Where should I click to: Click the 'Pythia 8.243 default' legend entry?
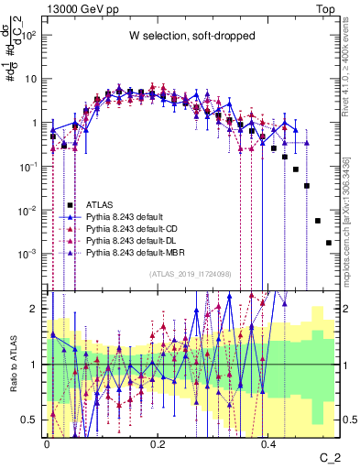(x=129, y=216)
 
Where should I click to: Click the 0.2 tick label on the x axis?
(x=158, y=442)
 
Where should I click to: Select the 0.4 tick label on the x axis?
(x=268, y=442)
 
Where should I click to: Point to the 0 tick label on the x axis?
(x=47, y=442)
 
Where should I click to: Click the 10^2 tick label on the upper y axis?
(x=29, y=35)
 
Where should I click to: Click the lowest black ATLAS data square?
(x=329, y=243)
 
